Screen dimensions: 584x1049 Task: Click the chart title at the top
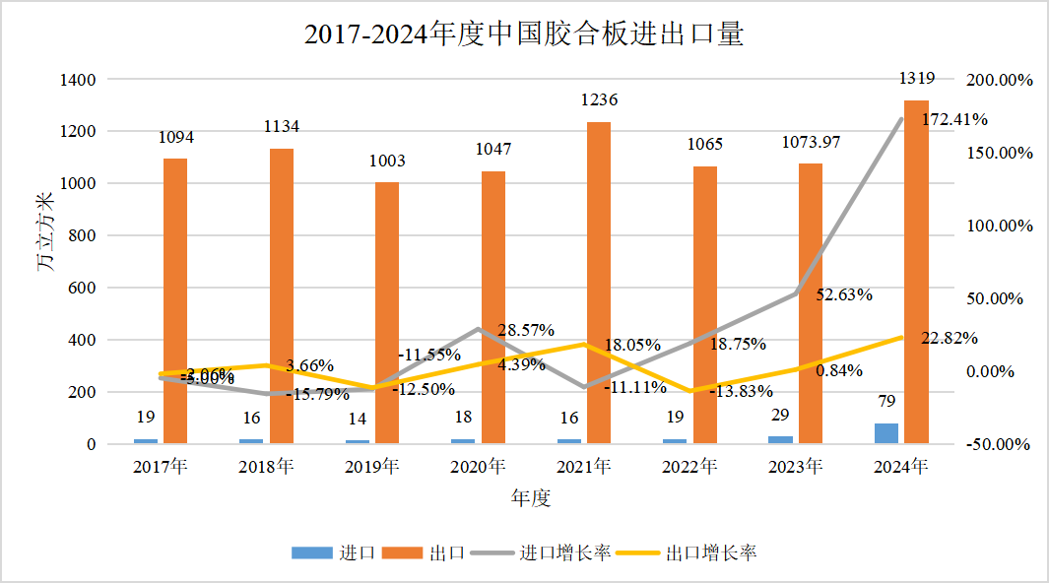coord(523,35)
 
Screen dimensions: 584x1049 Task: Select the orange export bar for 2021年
coord(599,284)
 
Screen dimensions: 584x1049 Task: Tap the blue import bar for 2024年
coord(885,433)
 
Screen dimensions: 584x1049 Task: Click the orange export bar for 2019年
coord(387,313)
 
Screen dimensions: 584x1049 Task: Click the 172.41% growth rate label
coord(954,120)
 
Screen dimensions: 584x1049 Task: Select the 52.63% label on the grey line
coord(844,293)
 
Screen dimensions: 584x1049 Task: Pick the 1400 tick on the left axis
coord(78,79)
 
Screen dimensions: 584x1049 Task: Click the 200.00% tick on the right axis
coord(1000,80)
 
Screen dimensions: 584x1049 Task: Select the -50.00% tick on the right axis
coord(999,444)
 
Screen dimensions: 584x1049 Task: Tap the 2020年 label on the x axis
coord(477,466)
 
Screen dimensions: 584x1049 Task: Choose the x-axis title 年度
coord(530,498)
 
